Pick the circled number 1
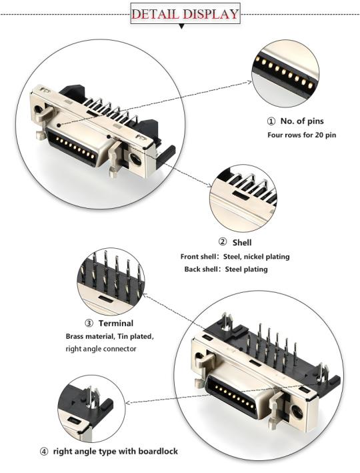[271, 121]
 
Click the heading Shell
[241, 242]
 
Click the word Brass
[75, 337]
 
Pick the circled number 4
[44, 452]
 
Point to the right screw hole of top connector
[136, 159]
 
